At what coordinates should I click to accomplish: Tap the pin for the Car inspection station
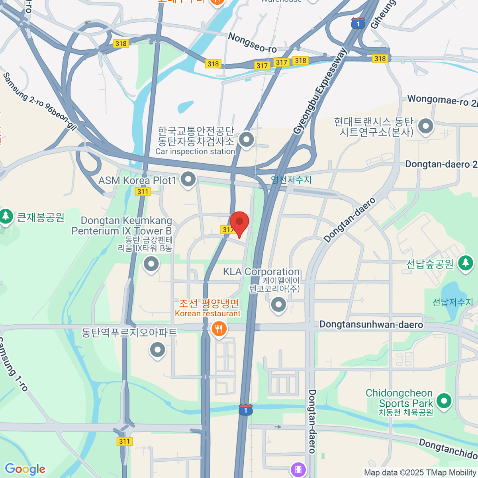[246, 140]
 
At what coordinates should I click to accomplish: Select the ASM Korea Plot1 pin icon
[188, 179]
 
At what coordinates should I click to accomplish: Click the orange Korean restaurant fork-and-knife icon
[218, 329]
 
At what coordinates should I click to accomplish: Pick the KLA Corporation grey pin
[278, 305]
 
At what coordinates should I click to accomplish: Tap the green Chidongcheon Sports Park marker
[443, 401]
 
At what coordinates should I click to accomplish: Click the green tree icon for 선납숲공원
[465, 263]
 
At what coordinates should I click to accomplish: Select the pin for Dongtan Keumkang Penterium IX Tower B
[151, 264]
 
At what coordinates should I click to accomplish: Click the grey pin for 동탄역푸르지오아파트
[157, 350]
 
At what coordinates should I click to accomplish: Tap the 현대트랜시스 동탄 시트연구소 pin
[426, 127]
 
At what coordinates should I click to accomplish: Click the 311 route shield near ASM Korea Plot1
[143, 192]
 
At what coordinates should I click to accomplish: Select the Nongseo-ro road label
[252, 43]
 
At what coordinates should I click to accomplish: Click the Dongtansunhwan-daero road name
[371, 325]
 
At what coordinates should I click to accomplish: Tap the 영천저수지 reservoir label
[291, 180]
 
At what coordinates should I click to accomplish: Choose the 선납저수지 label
[453, 302]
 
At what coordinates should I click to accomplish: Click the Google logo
[25, 469]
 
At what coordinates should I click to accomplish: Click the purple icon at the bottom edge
[298, 469]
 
